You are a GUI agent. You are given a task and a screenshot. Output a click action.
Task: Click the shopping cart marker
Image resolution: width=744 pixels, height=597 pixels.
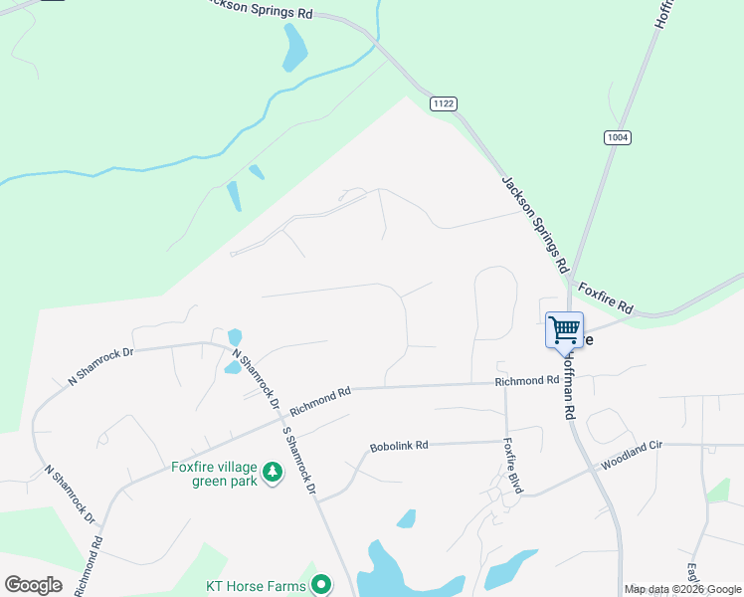(x=565, y=329)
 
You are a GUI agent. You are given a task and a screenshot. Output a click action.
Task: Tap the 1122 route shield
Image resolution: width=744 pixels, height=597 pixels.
(x=444, y=103)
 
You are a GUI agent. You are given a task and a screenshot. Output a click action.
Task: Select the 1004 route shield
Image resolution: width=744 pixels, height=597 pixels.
(x=617, y=137)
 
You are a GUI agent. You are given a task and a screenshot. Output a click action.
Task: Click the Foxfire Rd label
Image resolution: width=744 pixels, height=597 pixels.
(x=605, y=297)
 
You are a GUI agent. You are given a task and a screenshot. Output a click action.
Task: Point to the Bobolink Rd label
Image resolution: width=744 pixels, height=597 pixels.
(x=398, y=447)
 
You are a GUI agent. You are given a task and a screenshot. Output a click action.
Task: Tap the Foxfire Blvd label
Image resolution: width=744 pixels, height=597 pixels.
(x=512, y=466)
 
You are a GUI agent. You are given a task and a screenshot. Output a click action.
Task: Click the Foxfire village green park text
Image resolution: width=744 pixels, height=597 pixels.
(x=215, y=474)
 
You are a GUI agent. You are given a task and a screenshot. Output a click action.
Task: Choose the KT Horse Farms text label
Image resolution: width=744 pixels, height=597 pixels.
(x=256, y=585)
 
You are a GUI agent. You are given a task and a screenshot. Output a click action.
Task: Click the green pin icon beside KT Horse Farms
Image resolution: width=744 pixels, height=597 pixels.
(x=320, y=584)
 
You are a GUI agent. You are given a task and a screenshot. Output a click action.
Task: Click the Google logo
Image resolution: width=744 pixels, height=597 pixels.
(x=33, y=585)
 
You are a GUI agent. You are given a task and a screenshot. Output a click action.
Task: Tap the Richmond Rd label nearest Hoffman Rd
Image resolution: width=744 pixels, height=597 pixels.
(x=527, y=381)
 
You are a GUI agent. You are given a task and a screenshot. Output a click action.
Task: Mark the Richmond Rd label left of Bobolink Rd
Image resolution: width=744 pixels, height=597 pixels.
(x=320, y=402)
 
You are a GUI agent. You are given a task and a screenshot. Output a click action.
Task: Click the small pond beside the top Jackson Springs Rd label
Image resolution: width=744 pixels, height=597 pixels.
(x=294, y=47)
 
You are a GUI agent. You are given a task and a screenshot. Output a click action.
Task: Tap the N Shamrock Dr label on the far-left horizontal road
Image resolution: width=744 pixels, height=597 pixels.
(x=99, y=365)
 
